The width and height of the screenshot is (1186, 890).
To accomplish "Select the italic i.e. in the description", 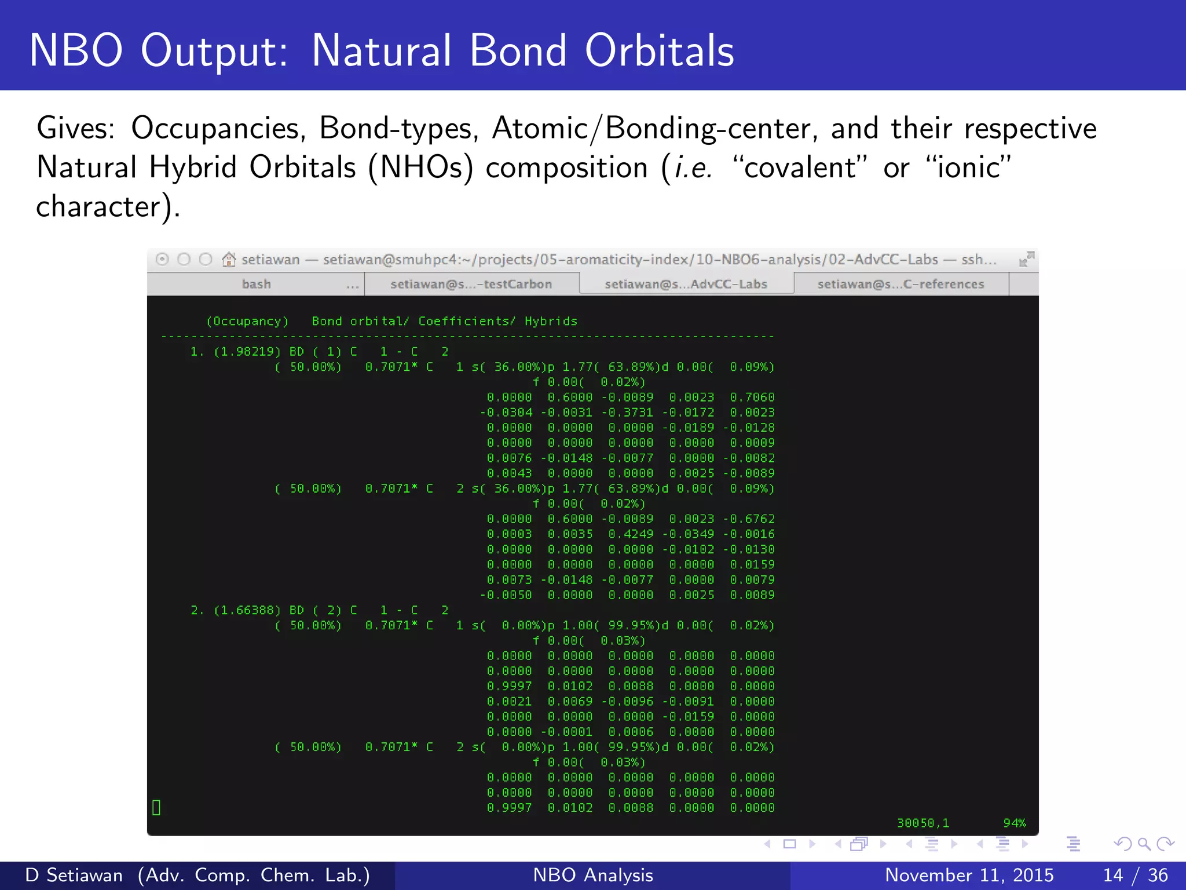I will click(693, 168).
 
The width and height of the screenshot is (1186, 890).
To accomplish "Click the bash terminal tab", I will click(256, 284).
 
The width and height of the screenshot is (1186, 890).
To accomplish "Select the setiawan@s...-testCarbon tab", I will click(471, 284).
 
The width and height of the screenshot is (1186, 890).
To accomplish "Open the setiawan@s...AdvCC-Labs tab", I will click(686, 284).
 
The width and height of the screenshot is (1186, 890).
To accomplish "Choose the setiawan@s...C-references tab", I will click(901, 284).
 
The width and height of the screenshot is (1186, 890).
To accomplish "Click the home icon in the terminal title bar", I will click(229, 259).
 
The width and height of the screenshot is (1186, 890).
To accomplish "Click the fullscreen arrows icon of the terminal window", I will click(1026, 259).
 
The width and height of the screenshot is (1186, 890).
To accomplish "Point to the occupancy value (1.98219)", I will click(247, 352).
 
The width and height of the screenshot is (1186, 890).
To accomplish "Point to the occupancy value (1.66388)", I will click(247, 610).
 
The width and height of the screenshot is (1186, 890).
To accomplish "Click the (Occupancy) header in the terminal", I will click(247, 321).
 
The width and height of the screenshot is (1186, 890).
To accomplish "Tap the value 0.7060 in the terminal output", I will click(752, 397).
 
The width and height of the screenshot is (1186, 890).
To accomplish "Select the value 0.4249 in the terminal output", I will click(631, 534).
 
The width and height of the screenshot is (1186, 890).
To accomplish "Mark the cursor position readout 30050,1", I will click(923, 823).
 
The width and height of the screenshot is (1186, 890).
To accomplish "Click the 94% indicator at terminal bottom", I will click(1014, 823).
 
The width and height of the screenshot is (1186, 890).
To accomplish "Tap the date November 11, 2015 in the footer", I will click(969, 875).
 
